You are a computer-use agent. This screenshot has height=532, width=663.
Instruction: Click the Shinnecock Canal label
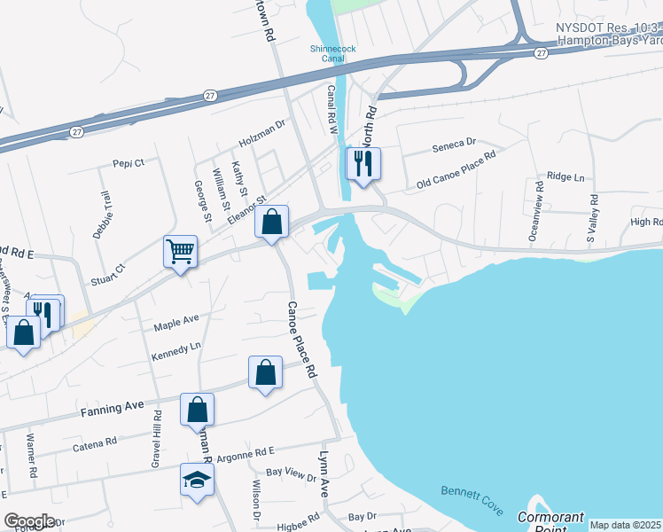[x=332, y=55]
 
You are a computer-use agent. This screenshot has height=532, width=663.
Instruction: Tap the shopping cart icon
[x=180, y=252]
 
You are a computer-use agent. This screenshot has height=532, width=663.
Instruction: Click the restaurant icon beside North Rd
[x=363, y=163]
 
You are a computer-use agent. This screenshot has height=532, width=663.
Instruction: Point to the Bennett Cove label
[x=472, y=501]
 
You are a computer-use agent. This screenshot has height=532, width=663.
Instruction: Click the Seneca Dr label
[x=453, y=143]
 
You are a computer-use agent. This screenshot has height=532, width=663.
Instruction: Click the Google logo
[x=29, y=521]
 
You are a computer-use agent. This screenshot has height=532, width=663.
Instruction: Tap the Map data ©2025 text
[x=625, y=525]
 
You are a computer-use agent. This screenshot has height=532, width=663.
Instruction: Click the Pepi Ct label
[x=128, y=163]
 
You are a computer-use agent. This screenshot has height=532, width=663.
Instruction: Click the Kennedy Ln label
[x=176, y=348]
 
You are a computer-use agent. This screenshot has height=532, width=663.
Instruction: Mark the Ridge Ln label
[x=566, y=177]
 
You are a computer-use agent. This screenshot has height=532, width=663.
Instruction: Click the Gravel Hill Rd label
[x=156, y=440]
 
